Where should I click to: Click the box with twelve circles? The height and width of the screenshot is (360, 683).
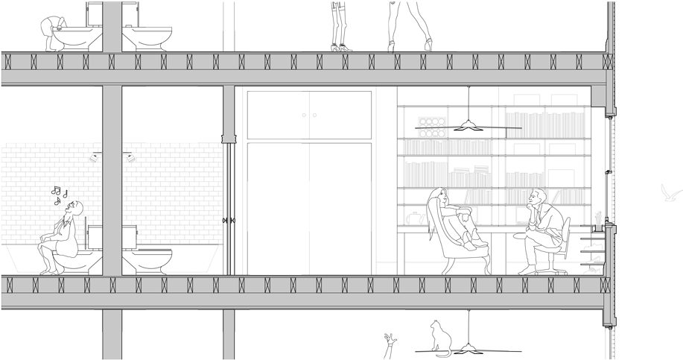[432, 127]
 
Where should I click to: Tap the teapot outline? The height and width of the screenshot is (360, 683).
[413, 218]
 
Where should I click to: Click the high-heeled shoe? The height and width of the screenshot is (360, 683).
[593, 260]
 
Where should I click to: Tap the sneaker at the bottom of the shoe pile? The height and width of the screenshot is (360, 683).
[593, 270]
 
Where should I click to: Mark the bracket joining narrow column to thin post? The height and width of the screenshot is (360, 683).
[228, 139]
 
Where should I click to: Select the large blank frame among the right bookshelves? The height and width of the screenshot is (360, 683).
[562, 178]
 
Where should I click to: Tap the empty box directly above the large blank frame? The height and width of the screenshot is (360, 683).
[562, 149]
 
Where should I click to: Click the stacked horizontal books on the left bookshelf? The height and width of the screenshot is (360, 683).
[470, 169]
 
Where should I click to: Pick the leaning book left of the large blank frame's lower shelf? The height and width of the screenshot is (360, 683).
[545, 197]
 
